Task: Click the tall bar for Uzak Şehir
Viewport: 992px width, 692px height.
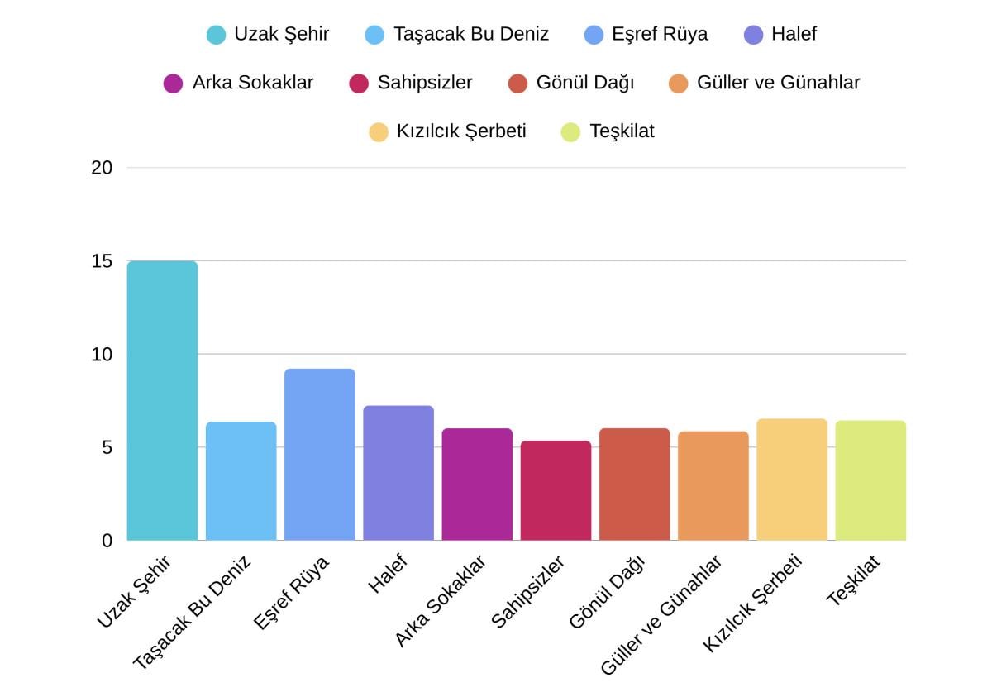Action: [x=162, y=401]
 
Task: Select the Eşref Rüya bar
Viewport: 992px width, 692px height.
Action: [x=320, y=455]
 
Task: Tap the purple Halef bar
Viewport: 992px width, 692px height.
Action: [x=398, y=473]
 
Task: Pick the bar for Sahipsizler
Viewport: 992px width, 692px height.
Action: [x=556, y=490]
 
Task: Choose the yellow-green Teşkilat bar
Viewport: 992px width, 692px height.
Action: [x=870, y=480]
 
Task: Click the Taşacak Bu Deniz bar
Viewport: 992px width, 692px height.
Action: [x=241, y=481]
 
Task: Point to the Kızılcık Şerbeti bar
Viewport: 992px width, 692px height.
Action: [x=792, y=480]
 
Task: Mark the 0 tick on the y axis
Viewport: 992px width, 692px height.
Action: [x=107, y=541]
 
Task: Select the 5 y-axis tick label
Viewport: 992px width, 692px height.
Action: [x=107, y=447]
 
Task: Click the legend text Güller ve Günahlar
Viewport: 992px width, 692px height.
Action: [x=778, y=83]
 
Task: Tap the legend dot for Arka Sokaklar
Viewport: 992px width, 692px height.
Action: [x=173, y=84]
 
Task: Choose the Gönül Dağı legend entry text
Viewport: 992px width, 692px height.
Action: [x=585, y=83]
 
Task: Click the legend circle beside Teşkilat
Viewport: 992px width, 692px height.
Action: [x=570, y=131]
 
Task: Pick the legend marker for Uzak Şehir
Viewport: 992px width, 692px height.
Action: [x=216, y=35]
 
